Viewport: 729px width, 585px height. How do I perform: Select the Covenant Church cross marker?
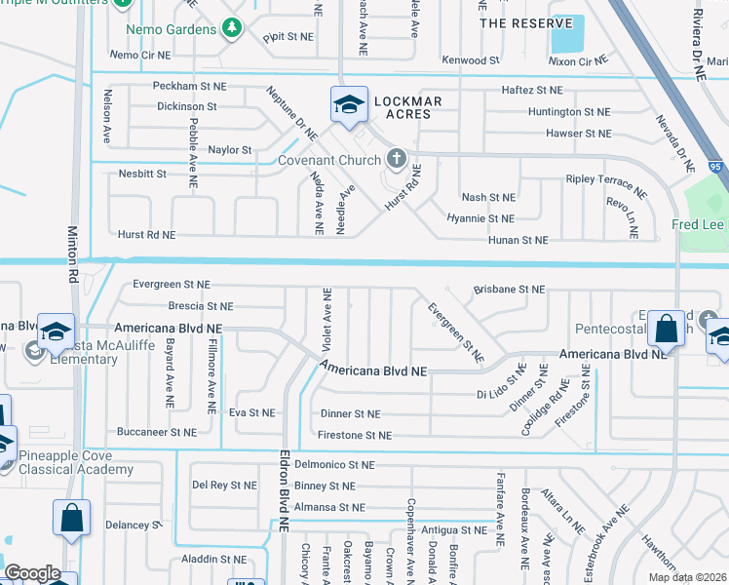[x=396, y=158]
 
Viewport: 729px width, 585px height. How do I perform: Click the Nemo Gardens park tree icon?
[x=232, y=29]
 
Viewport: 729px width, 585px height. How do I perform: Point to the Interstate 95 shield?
[x=716, y=167]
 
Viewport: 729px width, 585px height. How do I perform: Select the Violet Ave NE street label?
[x=327, y=320]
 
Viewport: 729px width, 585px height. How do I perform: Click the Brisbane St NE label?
[x=509, y=290]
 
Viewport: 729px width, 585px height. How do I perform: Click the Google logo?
[x=32, y=573]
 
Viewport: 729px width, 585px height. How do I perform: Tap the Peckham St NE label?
[x=189, y=87]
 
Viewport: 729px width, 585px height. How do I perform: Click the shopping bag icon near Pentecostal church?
[x=667, y=329]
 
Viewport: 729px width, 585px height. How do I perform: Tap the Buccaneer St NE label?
[x=156, y=432]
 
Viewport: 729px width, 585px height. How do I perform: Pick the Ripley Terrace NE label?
[x=606, y=180]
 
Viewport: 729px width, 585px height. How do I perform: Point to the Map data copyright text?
[x=688, y=577]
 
